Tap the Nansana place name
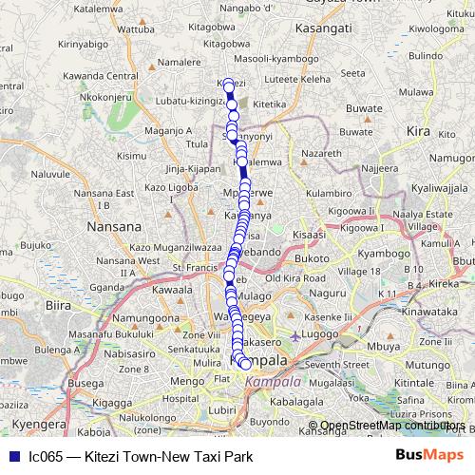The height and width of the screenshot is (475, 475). [x=113, y=227]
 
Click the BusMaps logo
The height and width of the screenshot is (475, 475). [x=434, y=456]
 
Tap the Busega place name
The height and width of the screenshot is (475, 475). [x=56, y=385]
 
